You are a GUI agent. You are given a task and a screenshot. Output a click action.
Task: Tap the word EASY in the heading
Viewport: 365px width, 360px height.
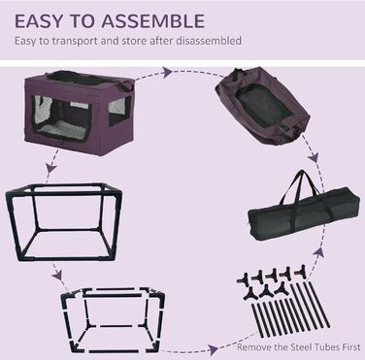[38, 21]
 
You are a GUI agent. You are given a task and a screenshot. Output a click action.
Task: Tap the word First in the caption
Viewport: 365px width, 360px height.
[351, 347]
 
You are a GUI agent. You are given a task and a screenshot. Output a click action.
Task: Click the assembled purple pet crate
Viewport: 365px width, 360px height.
[80, 112]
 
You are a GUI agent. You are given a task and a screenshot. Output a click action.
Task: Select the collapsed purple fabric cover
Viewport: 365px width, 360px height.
[262, 105]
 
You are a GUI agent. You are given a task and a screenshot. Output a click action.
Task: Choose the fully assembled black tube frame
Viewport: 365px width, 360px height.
[64, 222]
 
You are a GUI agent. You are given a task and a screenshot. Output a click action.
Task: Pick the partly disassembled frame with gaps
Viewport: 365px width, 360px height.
[114, 319]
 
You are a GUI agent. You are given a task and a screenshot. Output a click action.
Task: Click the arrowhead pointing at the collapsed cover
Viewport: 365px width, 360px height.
[167, 72]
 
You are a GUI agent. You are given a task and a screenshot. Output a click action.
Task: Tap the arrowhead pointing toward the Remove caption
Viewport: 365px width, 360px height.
[213, 349]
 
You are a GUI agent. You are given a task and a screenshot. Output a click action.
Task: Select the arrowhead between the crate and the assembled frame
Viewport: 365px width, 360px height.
[51, 168]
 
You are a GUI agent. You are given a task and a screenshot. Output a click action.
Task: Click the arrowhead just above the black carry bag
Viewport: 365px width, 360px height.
[314, 158]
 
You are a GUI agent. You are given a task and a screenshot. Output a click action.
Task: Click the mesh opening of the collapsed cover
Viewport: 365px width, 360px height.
[262, 107]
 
